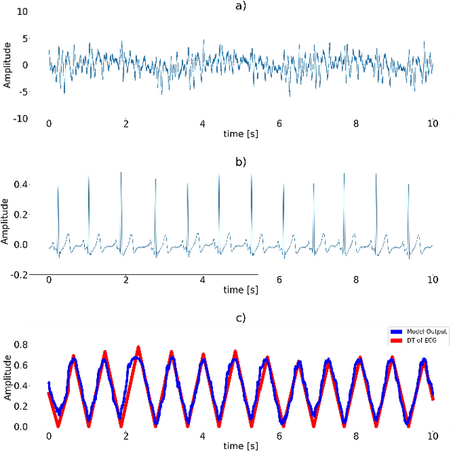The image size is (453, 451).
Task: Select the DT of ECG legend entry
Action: coord(418,340)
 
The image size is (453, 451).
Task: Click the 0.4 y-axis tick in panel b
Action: coord(21,184)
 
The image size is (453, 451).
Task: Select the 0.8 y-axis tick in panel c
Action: coord(21,344)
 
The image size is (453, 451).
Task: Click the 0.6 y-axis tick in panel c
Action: coord(21,365)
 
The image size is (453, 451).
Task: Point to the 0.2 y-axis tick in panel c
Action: coord(21,406)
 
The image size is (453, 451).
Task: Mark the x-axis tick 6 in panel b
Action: coord(280,280)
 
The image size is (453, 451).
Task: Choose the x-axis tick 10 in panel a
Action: coord(432,124)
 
